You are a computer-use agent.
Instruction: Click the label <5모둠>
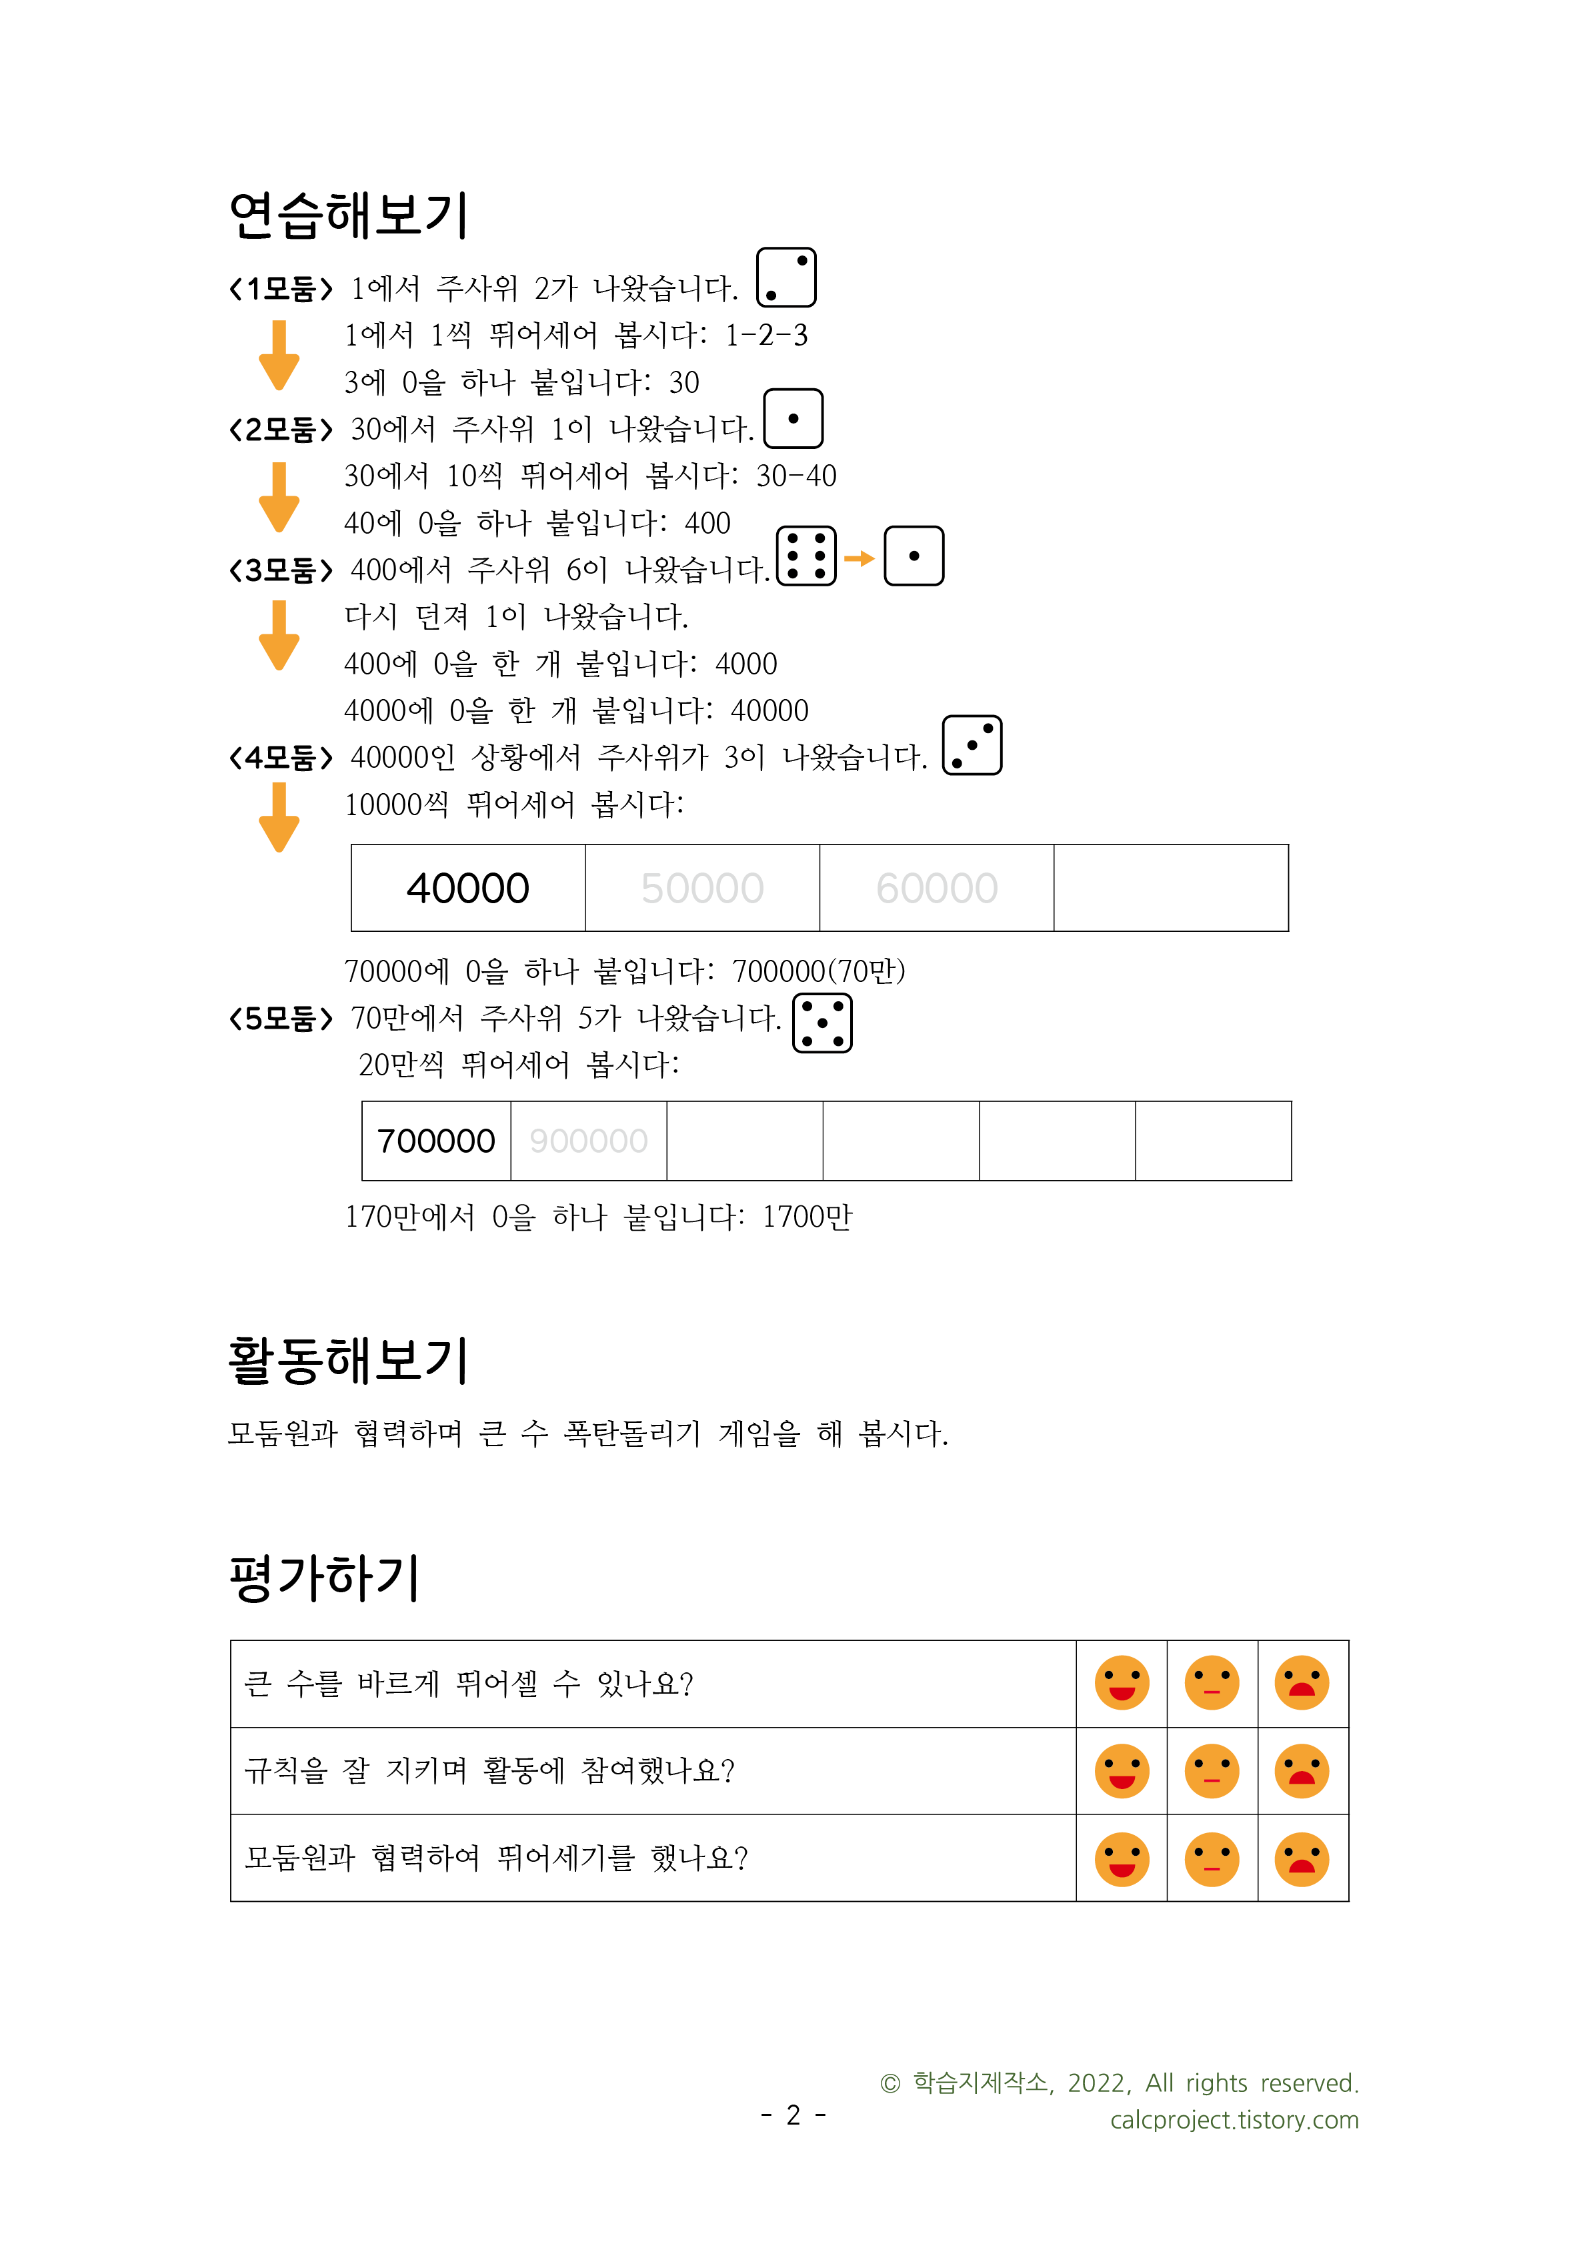point(281,1019)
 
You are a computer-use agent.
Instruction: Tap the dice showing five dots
point(822,1023)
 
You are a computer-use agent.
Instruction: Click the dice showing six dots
point(806,556)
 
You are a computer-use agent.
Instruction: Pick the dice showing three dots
point(972,746)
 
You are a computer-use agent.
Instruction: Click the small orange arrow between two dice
point(859,558)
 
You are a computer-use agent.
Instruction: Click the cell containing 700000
point(436,1141)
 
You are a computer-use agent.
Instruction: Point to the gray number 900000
point(588,1141)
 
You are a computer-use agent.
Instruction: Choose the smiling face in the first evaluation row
point(1121,1683)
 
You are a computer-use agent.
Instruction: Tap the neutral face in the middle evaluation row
point(1212,1771)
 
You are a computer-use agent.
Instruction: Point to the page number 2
point(793,2115)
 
